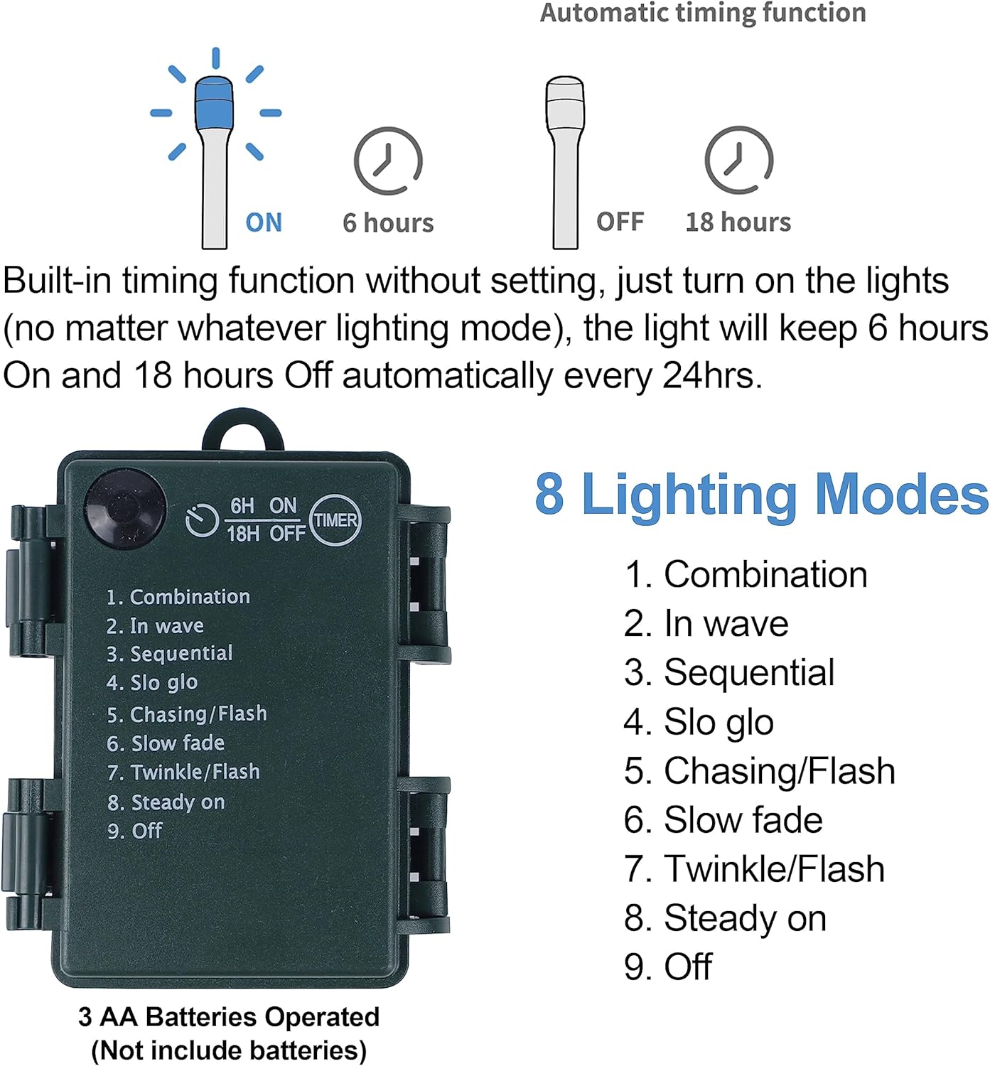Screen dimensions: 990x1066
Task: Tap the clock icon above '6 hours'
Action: [x=388, y=161]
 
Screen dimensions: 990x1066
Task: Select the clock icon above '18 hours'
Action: [x=738, y=160]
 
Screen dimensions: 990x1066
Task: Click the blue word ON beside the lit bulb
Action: [x=264, y=222]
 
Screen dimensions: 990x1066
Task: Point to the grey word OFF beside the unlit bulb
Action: [x=620, y=222]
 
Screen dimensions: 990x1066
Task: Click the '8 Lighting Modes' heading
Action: [x=761, y=495]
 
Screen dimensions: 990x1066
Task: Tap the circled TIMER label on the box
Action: [x=335, y=520]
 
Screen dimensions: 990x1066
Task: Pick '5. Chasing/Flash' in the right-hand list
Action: [x=759, y=771]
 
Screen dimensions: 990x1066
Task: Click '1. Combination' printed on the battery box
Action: [x=178, y=596]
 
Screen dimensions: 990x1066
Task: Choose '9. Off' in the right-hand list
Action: [x=668, y=967]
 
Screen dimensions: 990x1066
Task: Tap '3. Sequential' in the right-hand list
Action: [x=729, y=672]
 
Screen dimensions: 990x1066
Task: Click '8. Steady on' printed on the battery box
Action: [x=166, y=802]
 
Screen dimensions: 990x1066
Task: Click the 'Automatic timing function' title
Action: [x=703, y=12]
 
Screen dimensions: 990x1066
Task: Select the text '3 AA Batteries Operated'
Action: [x=229, y=1017]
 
